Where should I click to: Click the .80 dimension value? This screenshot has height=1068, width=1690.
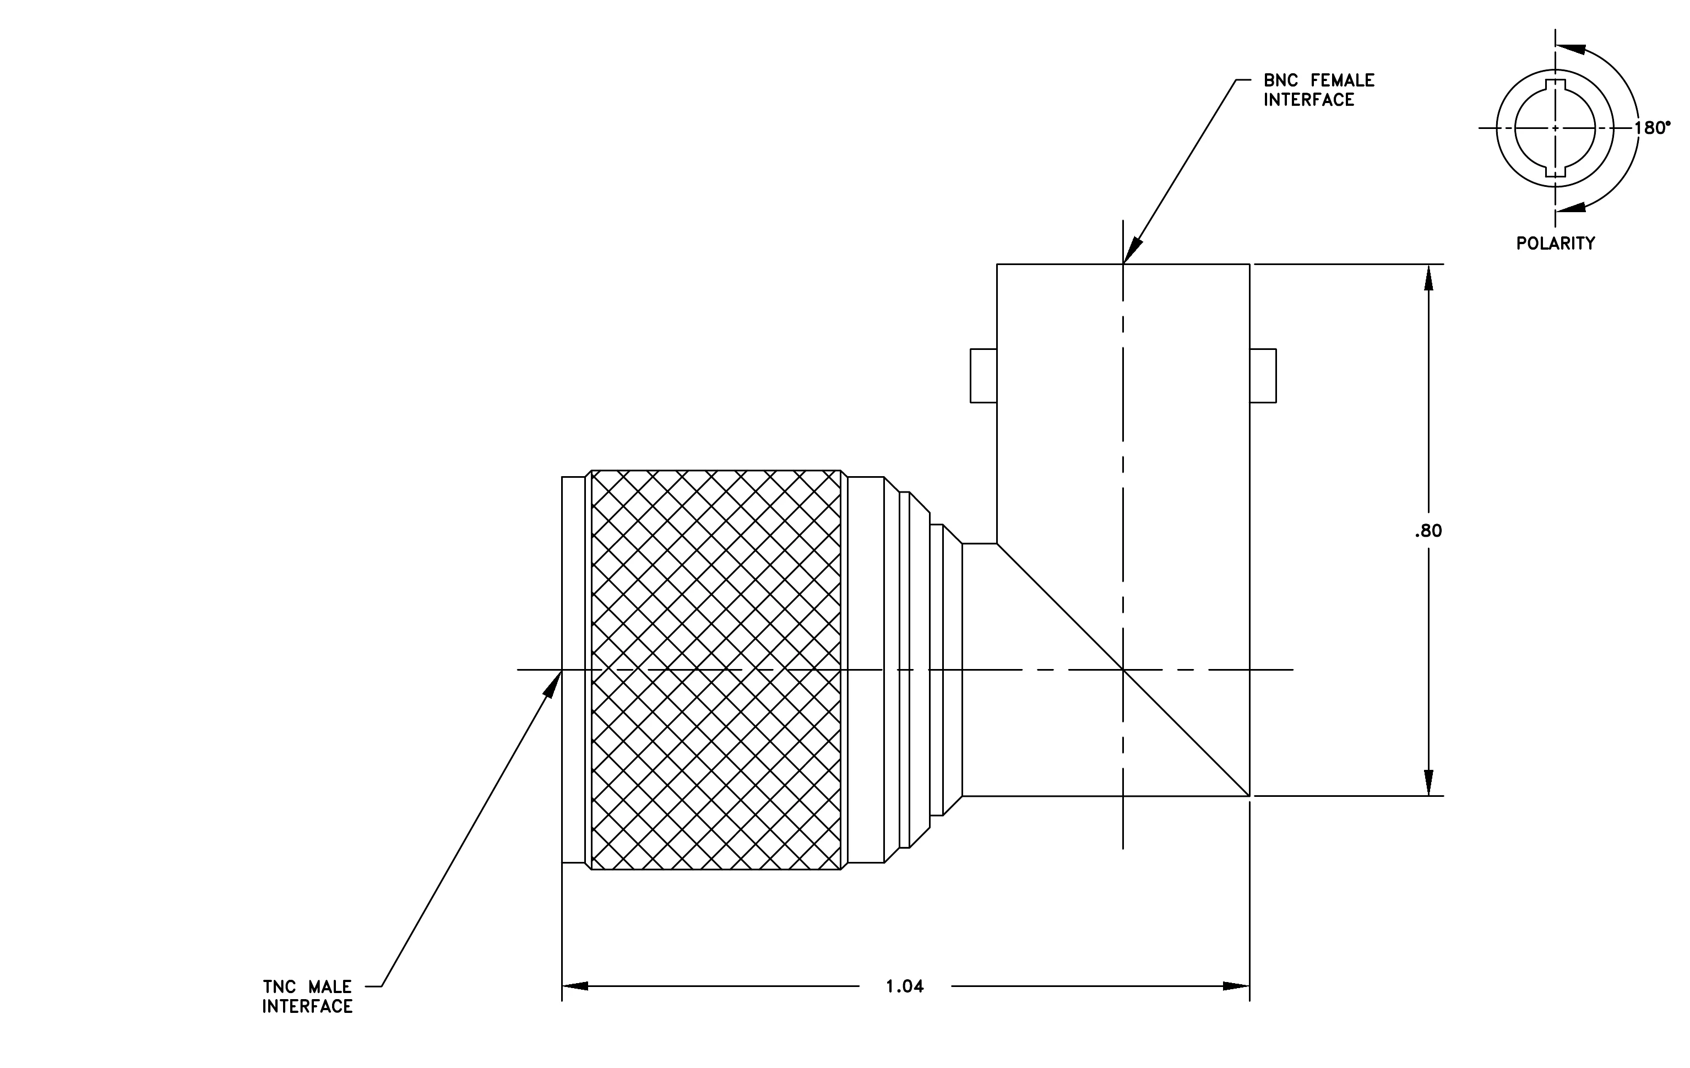click(x=1428, y=531)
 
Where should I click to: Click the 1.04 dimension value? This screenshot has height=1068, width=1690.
click(x=905, y=986)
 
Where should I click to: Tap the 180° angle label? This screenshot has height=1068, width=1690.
click(x=1653, y=128)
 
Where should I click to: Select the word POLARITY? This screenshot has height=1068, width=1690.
click(x=1556, y=244)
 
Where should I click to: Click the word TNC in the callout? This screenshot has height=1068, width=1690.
click(x=279, y=987)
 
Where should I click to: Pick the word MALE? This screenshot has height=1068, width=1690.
click(x=330, y=987)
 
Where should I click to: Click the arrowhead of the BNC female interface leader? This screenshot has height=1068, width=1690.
click(x=1131, y=251)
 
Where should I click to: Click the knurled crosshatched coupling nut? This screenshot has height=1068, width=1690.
click(x=716, y=670)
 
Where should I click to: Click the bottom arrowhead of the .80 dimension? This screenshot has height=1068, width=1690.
click(x=1428, y=782)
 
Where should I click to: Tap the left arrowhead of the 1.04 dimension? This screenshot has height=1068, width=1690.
click(x=575, y=986)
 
